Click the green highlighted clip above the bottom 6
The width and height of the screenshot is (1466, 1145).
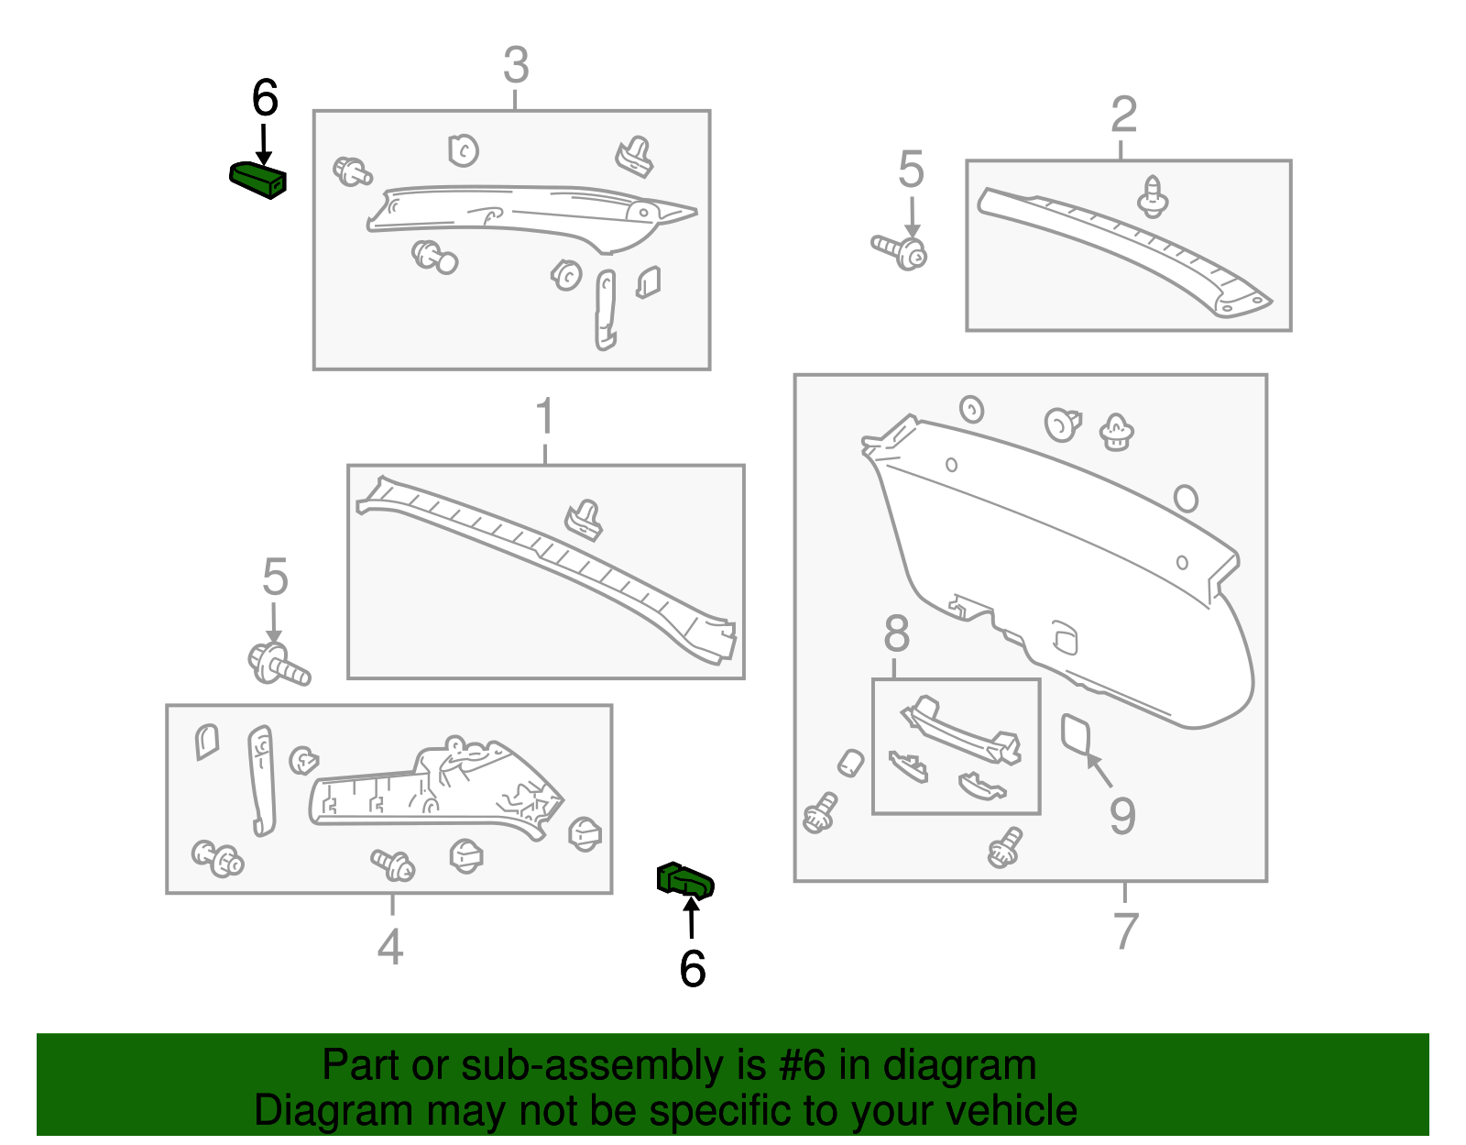click(684, 881)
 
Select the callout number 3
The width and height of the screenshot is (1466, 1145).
click(516, 66)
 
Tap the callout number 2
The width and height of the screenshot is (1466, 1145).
click(1123, 116)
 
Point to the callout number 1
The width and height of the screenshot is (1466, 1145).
click(545, 417)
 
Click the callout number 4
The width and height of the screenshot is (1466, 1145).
click(390, 947)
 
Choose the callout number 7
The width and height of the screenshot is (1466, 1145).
click(1125, 930)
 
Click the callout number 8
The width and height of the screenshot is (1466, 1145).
click(897, 634)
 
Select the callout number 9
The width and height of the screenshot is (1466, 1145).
click(1122, 816)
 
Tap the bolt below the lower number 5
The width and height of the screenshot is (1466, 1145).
click(279, 666)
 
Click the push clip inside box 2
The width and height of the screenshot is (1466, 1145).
click(1153, 196)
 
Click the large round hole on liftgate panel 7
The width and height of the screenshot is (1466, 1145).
click(1185, 499)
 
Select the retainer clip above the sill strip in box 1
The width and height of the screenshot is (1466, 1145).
click(584, 520)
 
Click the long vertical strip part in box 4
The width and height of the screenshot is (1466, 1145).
click(261, 779)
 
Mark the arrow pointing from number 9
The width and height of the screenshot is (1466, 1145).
click(1099, 771)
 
